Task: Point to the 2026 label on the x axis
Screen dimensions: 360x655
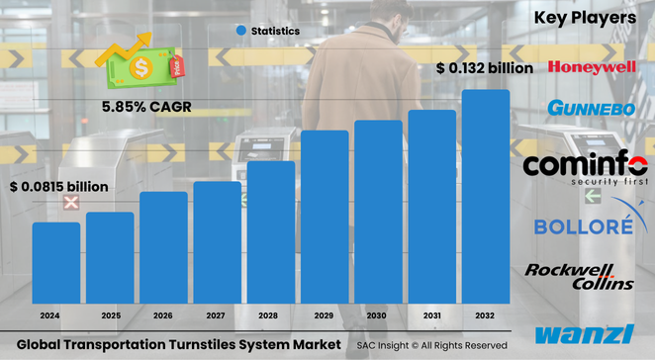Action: [x=163, y=315]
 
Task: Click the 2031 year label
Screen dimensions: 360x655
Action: [x=432, y=315]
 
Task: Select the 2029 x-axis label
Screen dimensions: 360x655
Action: [x=325, y=315]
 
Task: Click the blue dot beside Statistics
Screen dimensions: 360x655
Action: [x=240, y=32]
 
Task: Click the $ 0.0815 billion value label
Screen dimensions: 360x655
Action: [x=58, y=186]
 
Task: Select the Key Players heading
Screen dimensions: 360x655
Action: [x=585, y=18]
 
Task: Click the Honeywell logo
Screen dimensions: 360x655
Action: [x=592, y=67]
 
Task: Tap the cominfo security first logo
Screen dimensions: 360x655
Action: [x=585, y=168]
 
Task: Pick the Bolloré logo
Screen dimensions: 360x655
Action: [x=583, y=225]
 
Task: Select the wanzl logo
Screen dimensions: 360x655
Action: [x=584, y=334]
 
